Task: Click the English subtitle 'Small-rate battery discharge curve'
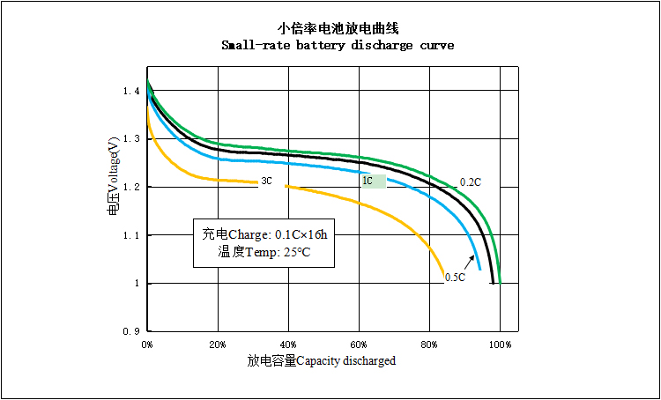338,45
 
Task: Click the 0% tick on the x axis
147,343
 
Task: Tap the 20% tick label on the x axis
218,343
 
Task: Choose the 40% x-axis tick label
288,343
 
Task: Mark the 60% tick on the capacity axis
359,343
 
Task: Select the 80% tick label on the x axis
429,343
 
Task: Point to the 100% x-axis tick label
500,343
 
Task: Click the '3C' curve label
265,181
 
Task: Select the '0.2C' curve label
470,182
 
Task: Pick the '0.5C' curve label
455,278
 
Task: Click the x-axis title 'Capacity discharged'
345,361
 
